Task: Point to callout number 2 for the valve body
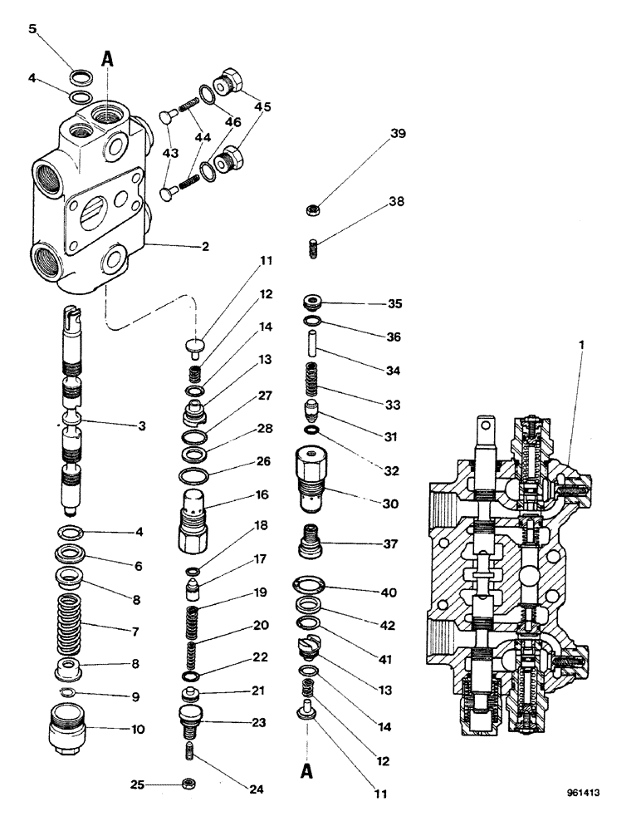tap(205, 246)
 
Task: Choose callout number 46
tap(232, 121)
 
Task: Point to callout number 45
tap(262, 106)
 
